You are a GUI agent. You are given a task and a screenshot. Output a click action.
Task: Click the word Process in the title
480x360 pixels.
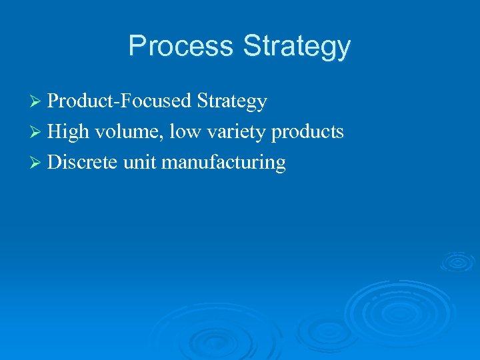(x=181, y=46)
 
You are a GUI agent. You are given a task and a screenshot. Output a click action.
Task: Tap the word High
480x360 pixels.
(x=68, y=133)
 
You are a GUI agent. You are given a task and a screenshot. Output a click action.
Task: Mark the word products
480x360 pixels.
(x=307, y=133)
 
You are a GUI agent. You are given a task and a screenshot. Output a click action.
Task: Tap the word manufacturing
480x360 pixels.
(x=223, y=163)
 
